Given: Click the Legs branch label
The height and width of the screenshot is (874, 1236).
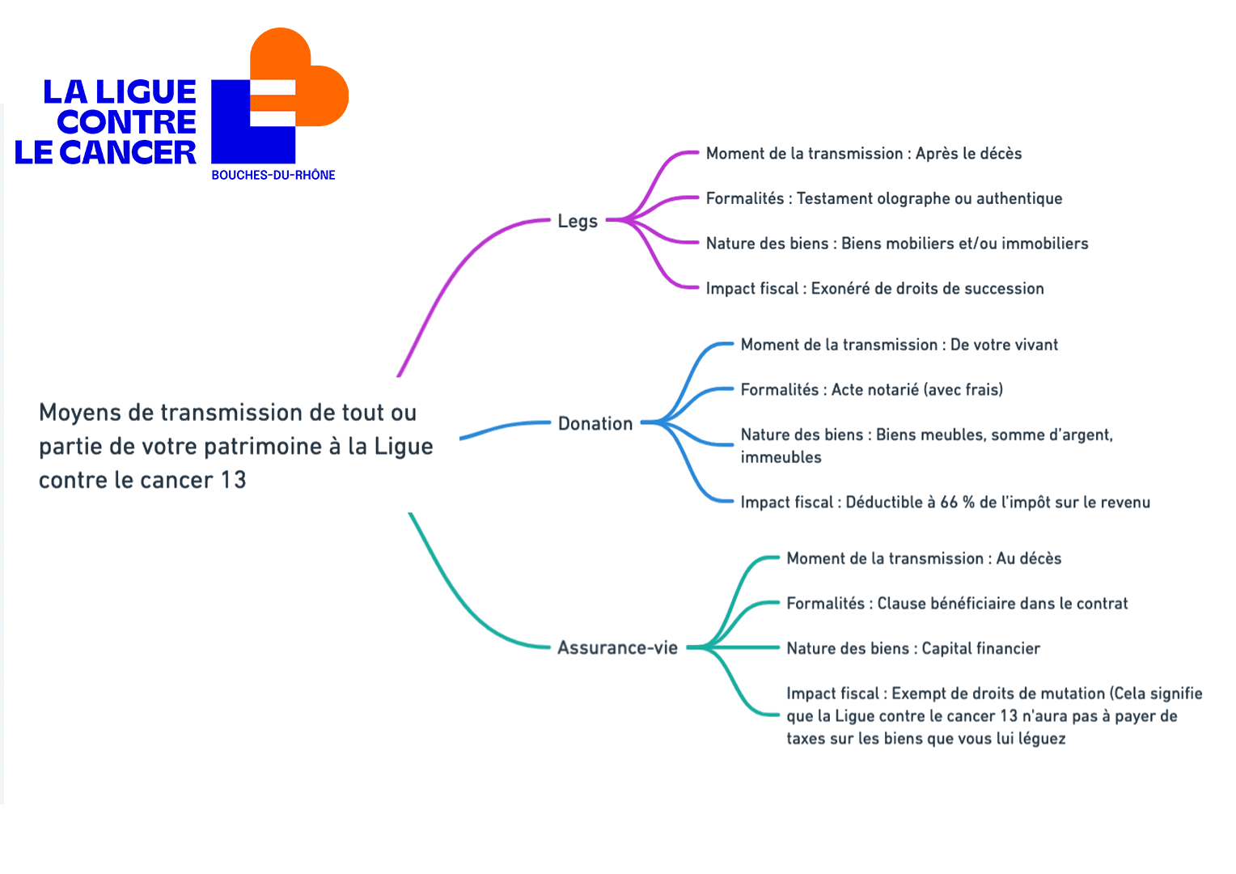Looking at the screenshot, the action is coord(578,222).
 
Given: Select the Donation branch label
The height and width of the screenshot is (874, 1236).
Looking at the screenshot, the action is coord(595,423).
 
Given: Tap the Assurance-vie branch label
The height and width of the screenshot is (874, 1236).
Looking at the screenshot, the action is coord(617,647).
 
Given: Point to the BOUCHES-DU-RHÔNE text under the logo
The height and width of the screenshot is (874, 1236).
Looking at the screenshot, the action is coord(273,175).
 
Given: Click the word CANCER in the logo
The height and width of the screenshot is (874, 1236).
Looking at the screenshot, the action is coord(128,152).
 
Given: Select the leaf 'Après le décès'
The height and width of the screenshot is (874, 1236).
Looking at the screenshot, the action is coord(864,154).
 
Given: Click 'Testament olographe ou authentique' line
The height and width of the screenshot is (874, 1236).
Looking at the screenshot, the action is coord(884,199).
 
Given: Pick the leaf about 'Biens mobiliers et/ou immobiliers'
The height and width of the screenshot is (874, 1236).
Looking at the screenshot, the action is coord(897,244).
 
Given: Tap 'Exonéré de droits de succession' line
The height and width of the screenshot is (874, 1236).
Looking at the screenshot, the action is coord(874,289).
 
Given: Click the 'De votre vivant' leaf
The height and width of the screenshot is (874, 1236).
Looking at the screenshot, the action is coord(899,345).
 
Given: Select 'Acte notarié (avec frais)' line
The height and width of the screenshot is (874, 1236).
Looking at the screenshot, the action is coord(872,390).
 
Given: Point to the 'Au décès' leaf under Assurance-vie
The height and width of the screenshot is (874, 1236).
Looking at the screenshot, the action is coord(924,558).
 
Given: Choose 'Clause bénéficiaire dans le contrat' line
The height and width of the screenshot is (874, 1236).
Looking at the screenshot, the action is coord(958,604).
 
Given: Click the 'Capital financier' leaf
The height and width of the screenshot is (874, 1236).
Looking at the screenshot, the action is coord(913,648).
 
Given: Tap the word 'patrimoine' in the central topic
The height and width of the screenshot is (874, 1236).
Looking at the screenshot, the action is coord(263,448).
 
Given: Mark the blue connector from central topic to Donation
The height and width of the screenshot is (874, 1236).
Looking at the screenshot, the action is coord(505,426).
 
